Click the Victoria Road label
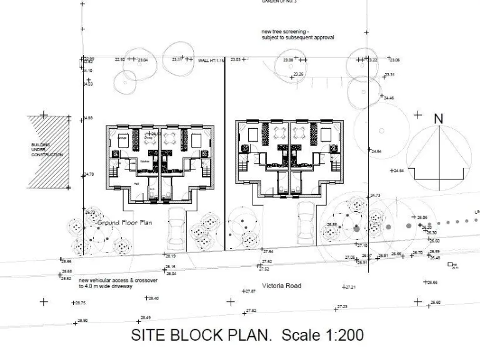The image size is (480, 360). tap(282, 286)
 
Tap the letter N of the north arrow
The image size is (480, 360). tap(438, 118)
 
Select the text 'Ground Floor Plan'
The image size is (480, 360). tap(124, 222)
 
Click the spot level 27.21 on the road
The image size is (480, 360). tap(349, 287)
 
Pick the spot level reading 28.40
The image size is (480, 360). tap(152, 299)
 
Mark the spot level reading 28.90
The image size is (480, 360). tap(82, 320)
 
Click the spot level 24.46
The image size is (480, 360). tap(389, 98)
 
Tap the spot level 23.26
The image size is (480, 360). tap(298, 75)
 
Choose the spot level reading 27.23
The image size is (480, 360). tap(342, 307)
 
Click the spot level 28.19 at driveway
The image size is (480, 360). tap(169, 256)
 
